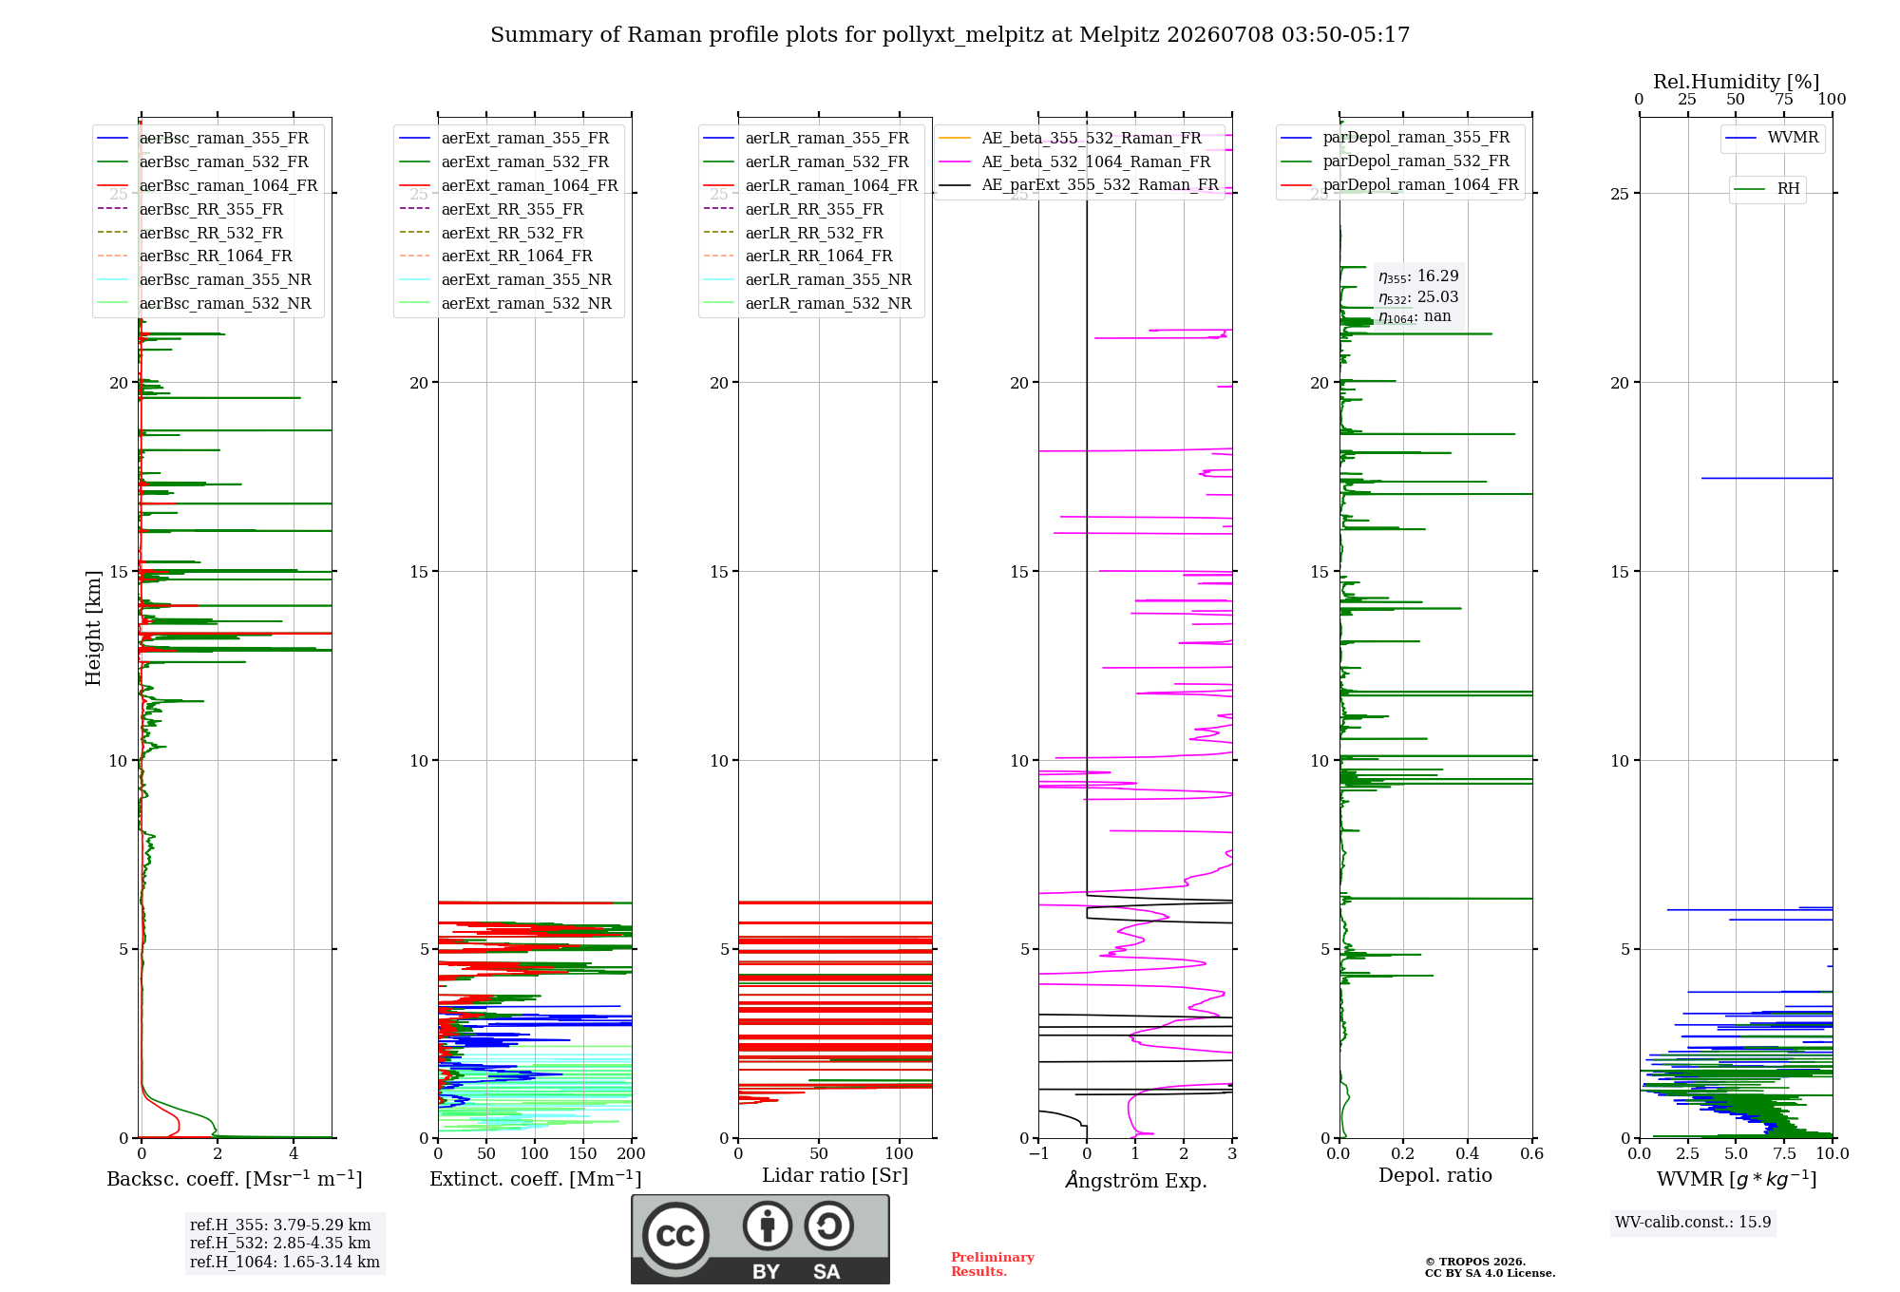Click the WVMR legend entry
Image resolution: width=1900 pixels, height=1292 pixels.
coord(1772,138)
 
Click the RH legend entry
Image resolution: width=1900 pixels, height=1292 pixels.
coord(1767,189)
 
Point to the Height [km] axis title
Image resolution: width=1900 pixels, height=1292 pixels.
coord(93,628)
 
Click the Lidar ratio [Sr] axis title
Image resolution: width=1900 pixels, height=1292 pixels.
coord(835,1175)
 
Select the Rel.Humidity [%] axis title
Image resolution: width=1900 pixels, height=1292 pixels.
coord(1737,82)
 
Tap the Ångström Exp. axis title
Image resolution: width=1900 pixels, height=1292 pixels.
coord(1136,1180)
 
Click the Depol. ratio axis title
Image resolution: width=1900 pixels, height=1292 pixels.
coord(1435,1175)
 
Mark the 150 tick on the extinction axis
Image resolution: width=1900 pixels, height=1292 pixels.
coord(583,1153)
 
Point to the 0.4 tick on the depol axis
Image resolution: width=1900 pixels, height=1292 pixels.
coord(1468,1153)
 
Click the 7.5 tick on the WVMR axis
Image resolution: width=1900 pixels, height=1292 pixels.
coord(1784,1153)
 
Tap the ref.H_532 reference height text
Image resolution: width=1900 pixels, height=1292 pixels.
coord(280,1243)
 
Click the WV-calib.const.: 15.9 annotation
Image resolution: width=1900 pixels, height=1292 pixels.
coord(1693,1222)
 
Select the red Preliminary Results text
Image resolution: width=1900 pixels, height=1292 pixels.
coord(993,1264)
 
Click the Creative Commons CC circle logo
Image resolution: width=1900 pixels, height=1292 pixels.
coord(675,1235)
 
